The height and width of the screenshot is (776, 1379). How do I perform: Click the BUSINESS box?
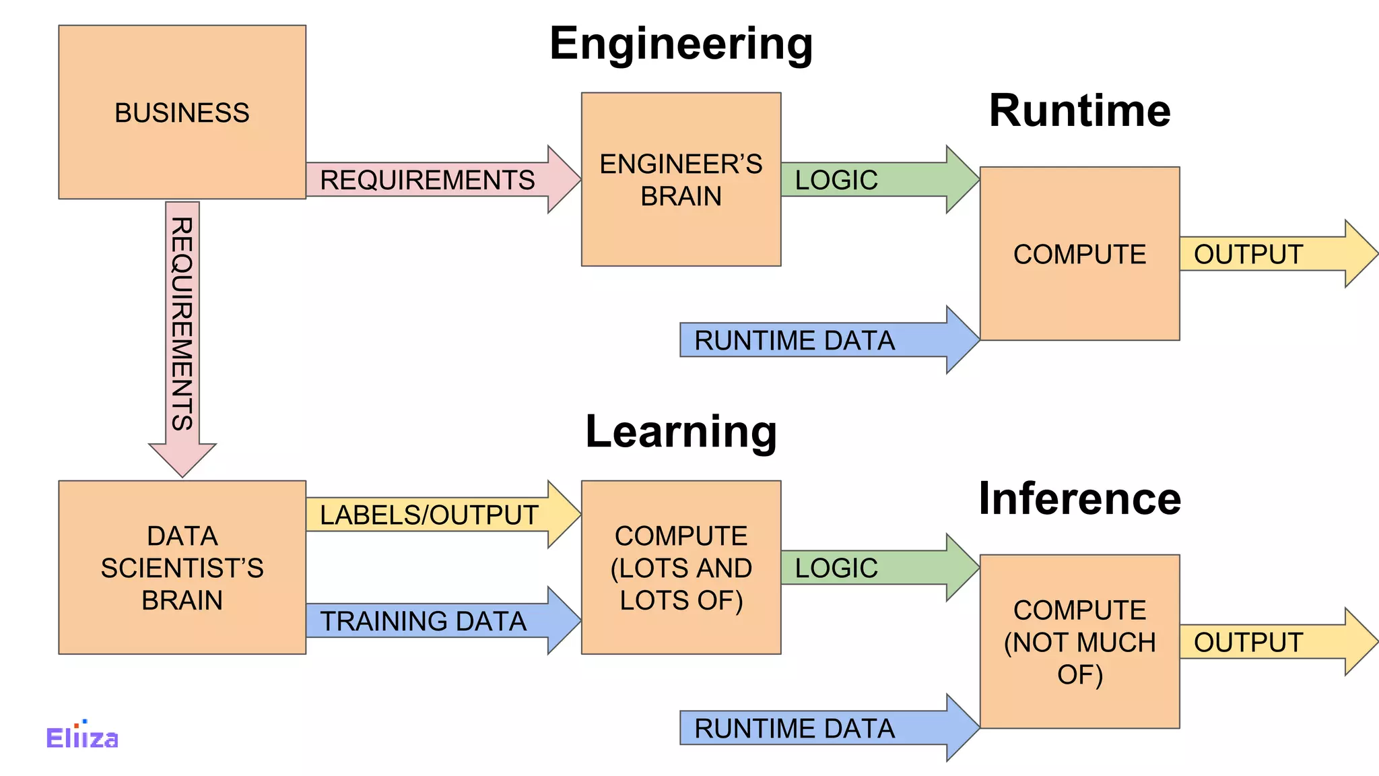pyautogui.click(x=182, y=112)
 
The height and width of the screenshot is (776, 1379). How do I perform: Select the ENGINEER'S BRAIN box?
pyautogui.click(x=681, y=179)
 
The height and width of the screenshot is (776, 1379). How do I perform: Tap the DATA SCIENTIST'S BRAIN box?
pyautogui.click(x=182, y=567)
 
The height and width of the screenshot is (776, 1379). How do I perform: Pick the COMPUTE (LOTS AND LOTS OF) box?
pyautogui.click(x=681, y=567)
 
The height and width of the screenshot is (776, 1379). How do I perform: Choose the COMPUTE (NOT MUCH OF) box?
pyautogui.click(x=1079, y=641)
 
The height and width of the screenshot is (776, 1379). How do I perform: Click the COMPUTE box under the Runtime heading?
pyautogui.click(x=1079, y=253)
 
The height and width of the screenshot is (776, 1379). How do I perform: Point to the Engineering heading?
pyautogui.click(x=681, y=44)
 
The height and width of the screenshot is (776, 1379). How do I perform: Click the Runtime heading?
pyautogui.click(x=1079, y=110)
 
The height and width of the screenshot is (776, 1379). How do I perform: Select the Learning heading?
pyautogui.click(x=681, y=431)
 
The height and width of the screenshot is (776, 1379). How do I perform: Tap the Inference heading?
pyautogui.click(x=1079, y=498)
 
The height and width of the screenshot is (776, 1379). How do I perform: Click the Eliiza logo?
pyautogui.click(x=82, y=737)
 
